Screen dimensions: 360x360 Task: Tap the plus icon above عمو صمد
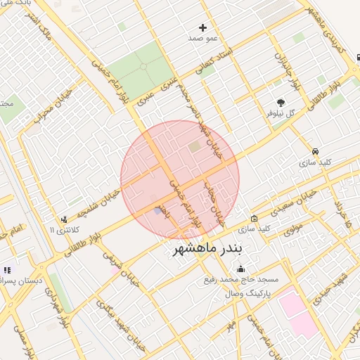(x=203, y=28)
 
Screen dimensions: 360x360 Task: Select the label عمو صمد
(x=203, y=38)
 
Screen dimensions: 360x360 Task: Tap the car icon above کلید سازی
(x=316, y=151)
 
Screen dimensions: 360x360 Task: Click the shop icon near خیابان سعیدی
(x=254, y=219)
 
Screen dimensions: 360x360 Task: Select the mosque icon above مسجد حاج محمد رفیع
(x=242, y=269)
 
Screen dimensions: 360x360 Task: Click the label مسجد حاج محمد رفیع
(x=249, y=279)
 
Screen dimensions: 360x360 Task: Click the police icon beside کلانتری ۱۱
(x=65, y=219)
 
